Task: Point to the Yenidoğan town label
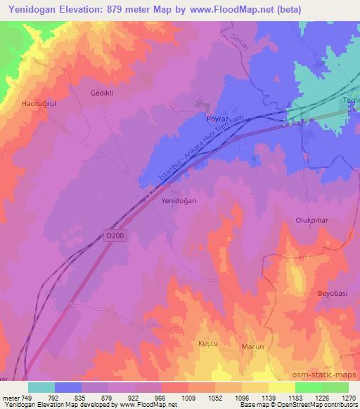click(179, 200)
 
